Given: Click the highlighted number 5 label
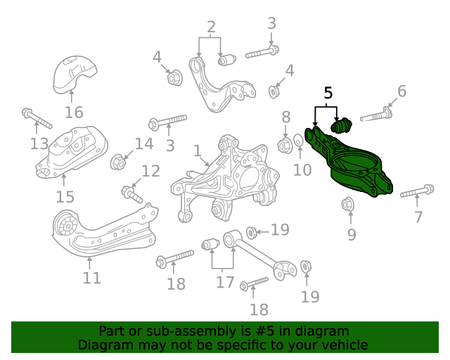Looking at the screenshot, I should (x=328, y=93).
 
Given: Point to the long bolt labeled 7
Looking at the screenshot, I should (x=417, y=191).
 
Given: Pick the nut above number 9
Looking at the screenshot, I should (x=347, y=205).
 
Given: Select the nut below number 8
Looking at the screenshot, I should (x=285, y=146).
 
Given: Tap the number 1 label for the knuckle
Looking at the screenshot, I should (x=198, y=150).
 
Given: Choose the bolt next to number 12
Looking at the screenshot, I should (x=131, y=191).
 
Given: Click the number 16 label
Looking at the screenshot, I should (x=74, y=112).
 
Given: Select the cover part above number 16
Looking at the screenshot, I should (x=75, y=74).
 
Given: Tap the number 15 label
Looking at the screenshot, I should (x=65, y=196).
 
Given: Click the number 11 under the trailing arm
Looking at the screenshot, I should (x=91, y=278).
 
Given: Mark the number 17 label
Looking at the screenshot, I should (x=224, y=282).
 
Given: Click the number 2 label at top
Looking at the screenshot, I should (x=210, y=28).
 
